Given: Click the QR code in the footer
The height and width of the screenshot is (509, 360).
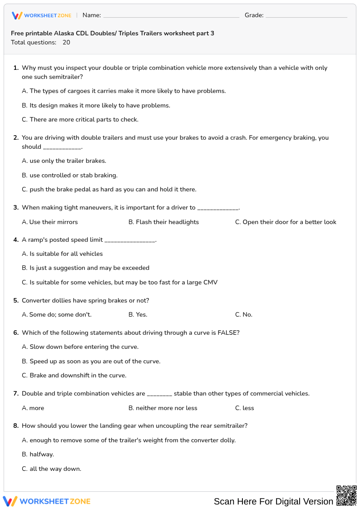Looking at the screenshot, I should [x=346, y=495].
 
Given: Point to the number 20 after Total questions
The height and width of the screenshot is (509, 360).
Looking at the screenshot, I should [x=66, y=43].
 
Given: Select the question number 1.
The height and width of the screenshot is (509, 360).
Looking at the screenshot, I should [x=16, y=68].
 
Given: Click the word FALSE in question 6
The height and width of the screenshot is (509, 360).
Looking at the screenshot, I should [x=228, y=333].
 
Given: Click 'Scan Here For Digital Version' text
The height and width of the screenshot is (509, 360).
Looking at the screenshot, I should [x=273, y=501].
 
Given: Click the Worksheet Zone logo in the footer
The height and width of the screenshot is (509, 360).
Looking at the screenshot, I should [x=47, y=501].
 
